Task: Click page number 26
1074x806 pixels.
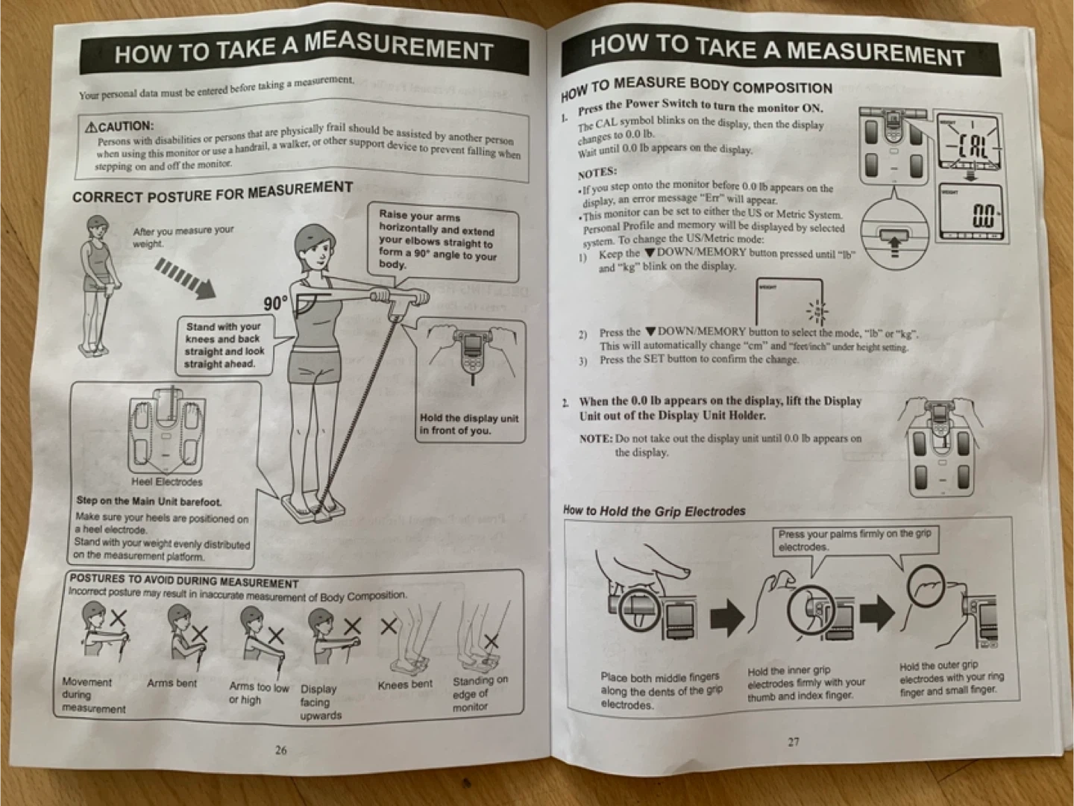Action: [x=281, y=750]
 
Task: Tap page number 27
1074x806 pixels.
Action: [x=794, y=742]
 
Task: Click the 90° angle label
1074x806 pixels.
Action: [x=276, y=304]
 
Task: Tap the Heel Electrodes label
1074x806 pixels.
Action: [x=167, y=482]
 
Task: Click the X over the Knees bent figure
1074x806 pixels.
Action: [x=389, y=626]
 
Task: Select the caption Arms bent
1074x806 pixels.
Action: [x=172, y=683]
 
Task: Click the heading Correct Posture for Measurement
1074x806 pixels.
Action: [x=213, y=193]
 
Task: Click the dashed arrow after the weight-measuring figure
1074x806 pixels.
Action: [x=186, y=279]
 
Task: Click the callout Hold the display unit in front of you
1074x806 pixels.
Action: [x=468, y=425]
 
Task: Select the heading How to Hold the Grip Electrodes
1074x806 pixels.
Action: [x=654, y=511]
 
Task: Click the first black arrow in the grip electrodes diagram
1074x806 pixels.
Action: [x=727, y=618]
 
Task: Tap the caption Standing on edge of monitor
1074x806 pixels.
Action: [x=480, y=693]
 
